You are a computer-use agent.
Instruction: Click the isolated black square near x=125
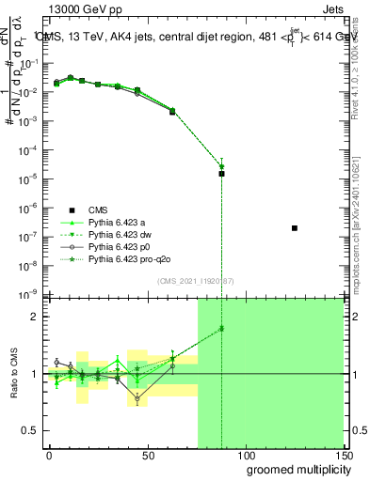(295, 228)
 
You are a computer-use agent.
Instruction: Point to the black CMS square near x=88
(221, 174)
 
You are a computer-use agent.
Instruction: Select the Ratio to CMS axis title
(13, 374)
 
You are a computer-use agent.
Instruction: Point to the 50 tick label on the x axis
(147, 455)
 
